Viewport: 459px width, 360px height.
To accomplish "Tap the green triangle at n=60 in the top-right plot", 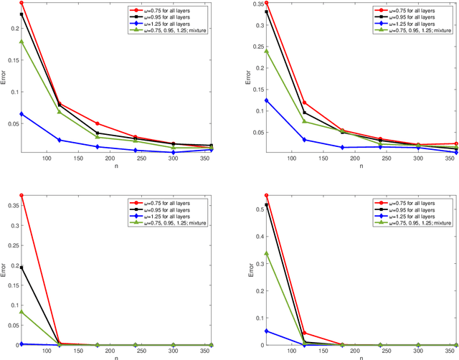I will pyautogui.click(x=266, y=51).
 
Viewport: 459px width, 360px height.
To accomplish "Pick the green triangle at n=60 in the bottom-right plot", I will pyautogui.click(x=266, y=253).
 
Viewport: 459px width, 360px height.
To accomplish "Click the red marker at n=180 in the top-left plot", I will pyautogui.click(x=97, y=123).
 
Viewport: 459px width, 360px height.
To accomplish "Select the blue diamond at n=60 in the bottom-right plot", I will pyautogui.click(x=266, y=311).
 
